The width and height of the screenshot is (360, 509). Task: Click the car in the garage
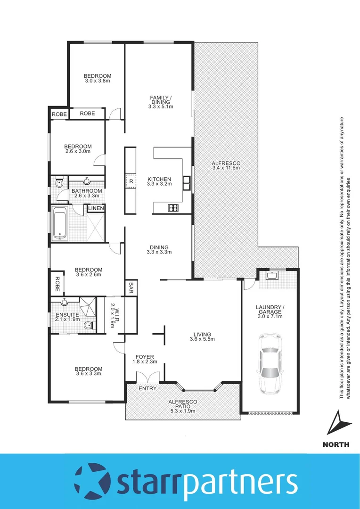270,363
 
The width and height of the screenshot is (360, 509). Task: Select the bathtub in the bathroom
60,223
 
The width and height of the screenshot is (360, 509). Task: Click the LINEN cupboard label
96,208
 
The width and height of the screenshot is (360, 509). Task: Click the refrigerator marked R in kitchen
131,181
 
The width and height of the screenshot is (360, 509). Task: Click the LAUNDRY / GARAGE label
270,313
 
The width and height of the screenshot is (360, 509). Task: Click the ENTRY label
148,388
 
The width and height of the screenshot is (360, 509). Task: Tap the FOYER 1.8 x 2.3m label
145,359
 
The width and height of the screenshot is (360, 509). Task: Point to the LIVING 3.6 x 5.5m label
202,337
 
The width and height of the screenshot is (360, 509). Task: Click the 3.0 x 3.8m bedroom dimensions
98,81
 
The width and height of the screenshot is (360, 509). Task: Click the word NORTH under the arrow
336,444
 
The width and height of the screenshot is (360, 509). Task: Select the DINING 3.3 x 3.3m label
159,250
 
